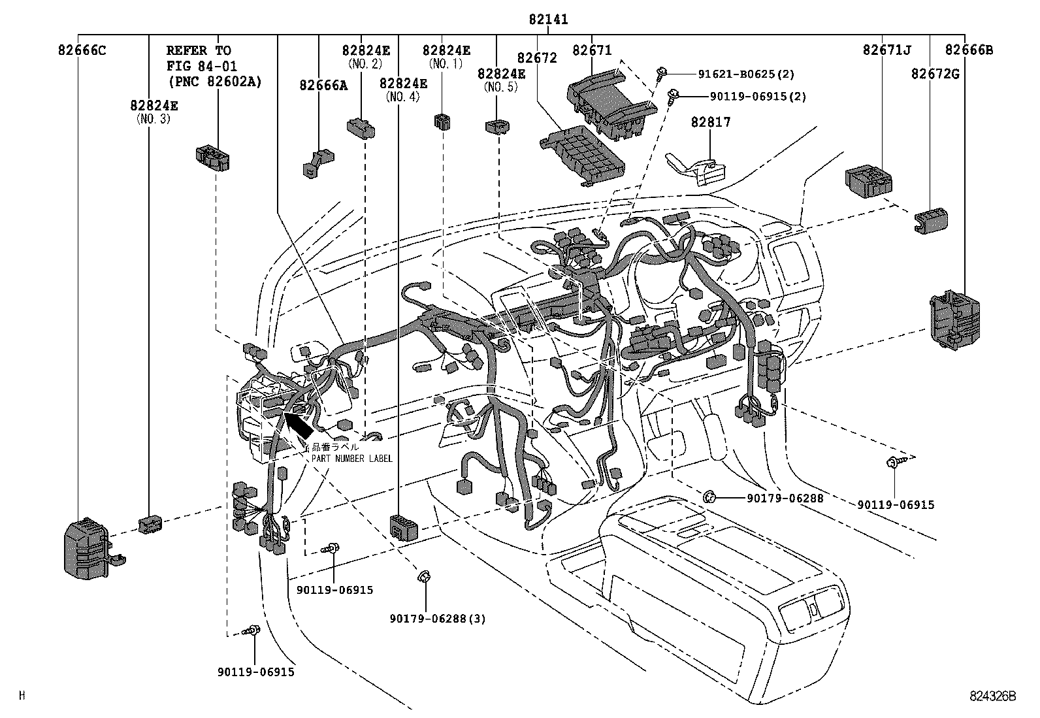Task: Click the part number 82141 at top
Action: tap(548, 20)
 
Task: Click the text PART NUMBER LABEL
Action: tap(351, 459)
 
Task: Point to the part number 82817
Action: tap(711, 122)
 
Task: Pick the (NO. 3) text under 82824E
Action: tap(154, 119)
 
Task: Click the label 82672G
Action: tap(935, 74)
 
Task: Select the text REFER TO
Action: tap(199, 50)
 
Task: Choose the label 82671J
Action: tap(886, 50)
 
